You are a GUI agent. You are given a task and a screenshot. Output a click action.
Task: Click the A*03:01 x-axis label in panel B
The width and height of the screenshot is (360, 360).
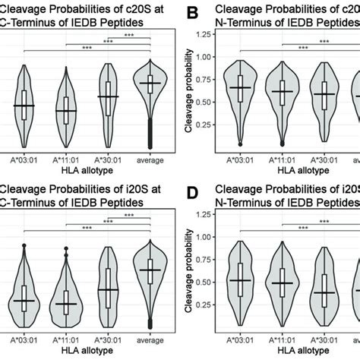tap(241, 161)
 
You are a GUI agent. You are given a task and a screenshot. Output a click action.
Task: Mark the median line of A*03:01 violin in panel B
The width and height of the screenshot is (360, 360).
tap(241, 87)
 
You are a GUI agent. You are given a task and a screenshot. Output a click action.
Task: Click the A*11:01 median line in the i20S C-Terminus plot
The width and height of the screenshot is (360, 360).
tap(66, 305)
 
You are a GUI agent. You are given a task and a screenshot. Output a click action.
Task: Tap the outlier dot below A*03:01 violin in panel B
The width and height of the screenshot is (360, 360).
tap(241, 144)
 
